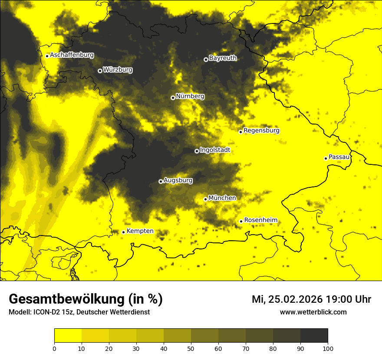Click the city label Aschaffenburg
(72, 55)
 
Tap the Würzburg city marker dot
(100, 71)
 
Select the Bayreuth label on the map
(223, 58)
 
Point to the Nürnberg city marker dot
(173, 98)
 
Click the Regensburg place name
(261, 131)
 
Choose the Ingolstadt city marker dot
(197, 151)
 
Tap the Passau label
(339, 157)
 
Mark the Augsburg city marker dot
(161, 181)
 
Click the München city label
(222, 198)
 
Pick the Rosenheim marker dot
(241, 221)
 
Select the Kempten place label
(140, 231)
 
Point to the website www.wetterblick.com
(313, 312)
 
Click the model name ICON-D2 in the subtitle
(47, 312)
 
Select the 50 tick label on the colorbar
(191, 348)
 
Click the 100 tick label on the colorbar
(327, 348)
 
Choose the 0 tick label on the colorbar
(54, 348)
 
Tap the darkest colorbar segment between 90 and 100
(314, 336)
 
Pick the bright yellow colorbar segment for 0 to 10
(68, 336)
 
